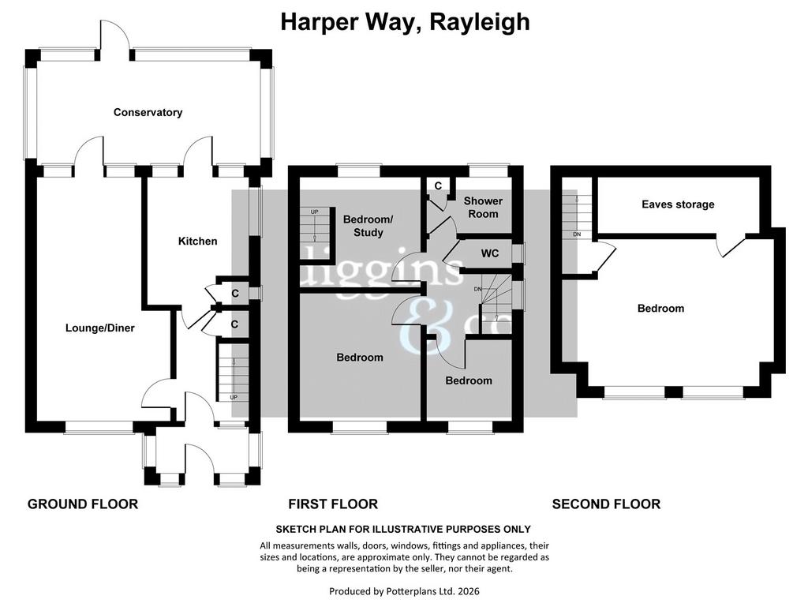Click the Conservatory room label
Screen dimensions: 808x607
point(148,112)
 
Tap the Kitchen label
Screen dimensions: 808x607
point(197,242)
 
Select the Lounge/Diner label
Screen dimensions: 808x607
point(100,328)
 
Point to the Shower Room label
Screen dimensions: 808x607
point(483,207)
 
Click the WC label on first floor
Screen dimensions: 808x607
point(489,253)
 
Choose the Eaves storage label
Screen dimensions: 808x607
point(678,204)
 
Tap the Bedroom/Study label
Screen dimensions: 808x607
point(368,226)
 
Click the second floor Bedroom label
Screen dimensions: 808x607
point(660,308)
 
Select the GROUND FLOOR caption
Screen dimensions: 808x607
point(82,504)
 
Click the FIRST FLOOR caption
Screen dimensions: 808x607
point(333,504)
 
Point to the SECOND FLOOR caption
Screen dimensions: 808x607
point(606,504)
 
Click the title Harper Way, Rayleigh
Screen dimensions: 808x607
point(405,22)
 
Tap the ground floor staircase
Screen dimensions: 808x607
point(233,372)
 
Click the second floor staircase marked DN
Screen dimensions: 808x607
point(577,215)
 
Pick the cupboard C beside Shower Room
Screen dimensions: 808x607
point(437,186)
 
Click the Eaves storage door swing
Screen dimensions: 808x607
point(732,245)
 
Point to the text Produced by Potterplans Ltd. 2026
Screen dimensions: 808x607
point(404,591)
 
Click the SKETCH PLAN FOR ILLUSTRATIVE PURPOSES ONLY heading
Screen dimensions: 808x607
point(403,529)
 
